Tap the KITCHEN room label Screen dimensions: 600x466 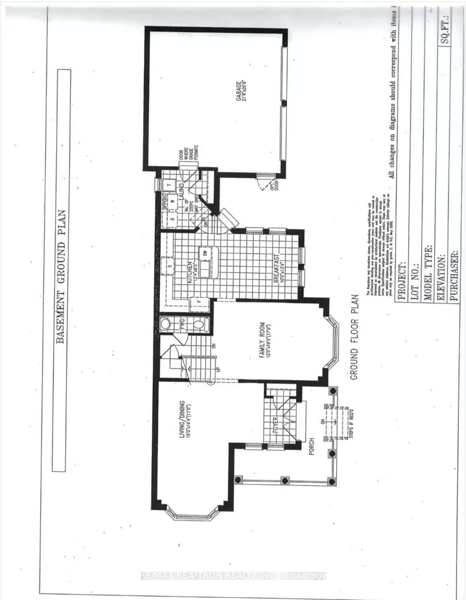point(190,272)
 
